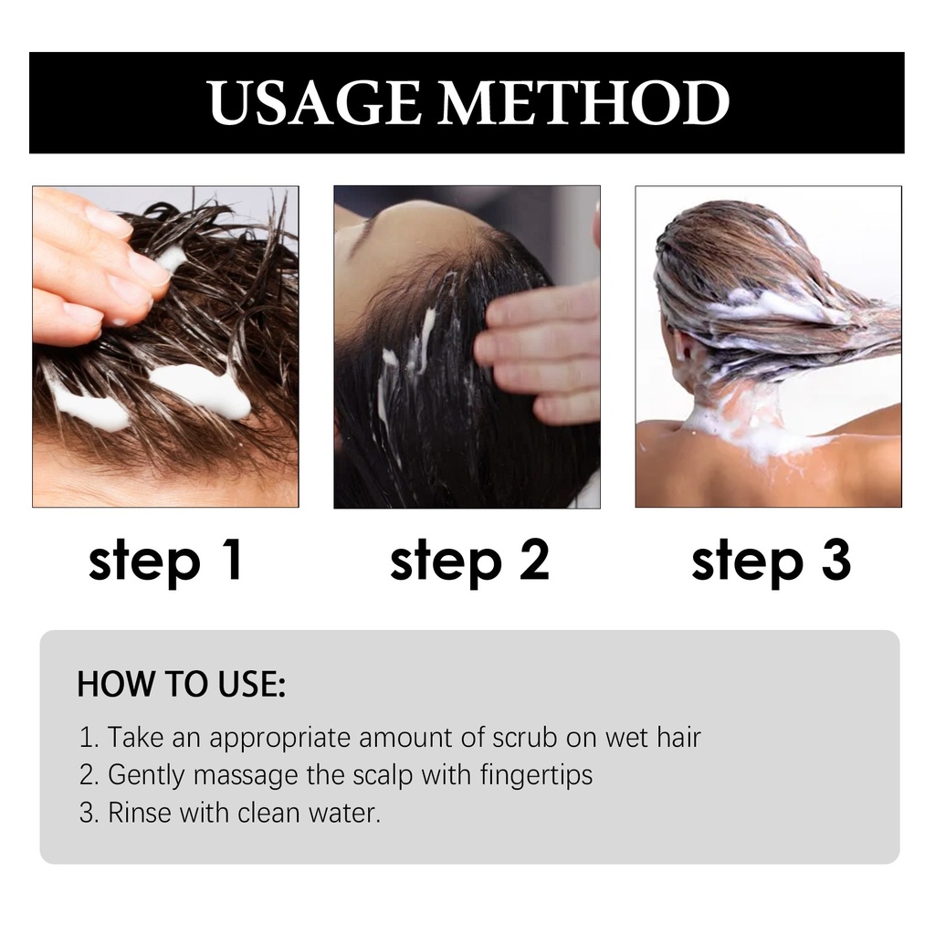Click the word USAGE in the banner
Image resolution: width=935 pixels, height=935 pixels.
(x=314, y=102)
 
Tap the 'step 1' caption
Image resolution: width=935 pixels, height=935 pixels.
(x=166, y=562)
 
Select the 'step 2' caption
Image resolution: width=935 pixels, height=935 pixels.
(x=469, y=562)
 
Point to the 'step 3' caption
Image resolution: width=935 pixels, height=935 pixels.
(x=771, y=562)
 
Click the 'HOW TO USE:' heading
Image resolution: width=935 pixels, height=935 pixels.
(x=182, y=684)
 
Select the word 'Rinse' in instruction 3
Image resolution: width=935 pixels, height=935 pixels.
(x=140, y=813)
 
